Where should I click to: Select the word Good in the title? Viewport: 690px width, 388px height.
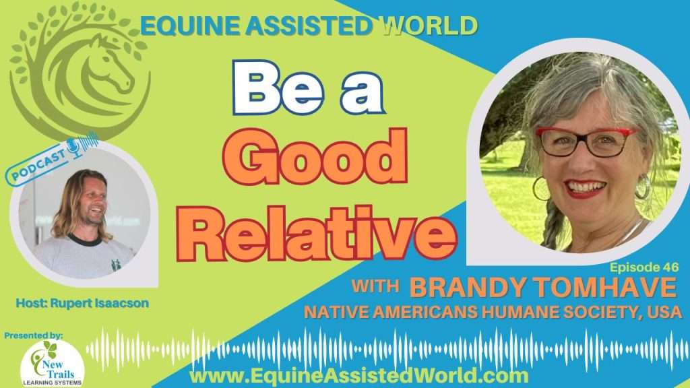tap(315, 157)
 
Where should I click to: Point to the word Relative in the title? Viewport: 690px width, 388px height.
tap(317, 232)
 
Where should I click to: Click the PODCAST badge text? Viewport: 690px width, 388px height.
tap(38, 164)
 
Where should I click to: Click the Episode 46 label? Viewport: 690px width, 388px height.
tap(644, 267)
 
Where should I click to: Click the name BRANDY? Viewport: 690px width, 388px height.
tap(468, 288)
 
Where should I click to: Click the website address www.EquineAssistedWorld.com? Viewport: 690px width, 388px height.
tap(359, 376)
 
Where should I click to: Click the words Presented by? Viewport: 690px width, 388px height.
tap(34, 335)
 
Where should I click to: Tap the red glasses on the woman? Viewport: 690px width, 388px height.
tap(586, 141)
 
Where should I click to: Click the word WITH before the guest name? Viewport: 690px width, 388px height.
tap(375, 286)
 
